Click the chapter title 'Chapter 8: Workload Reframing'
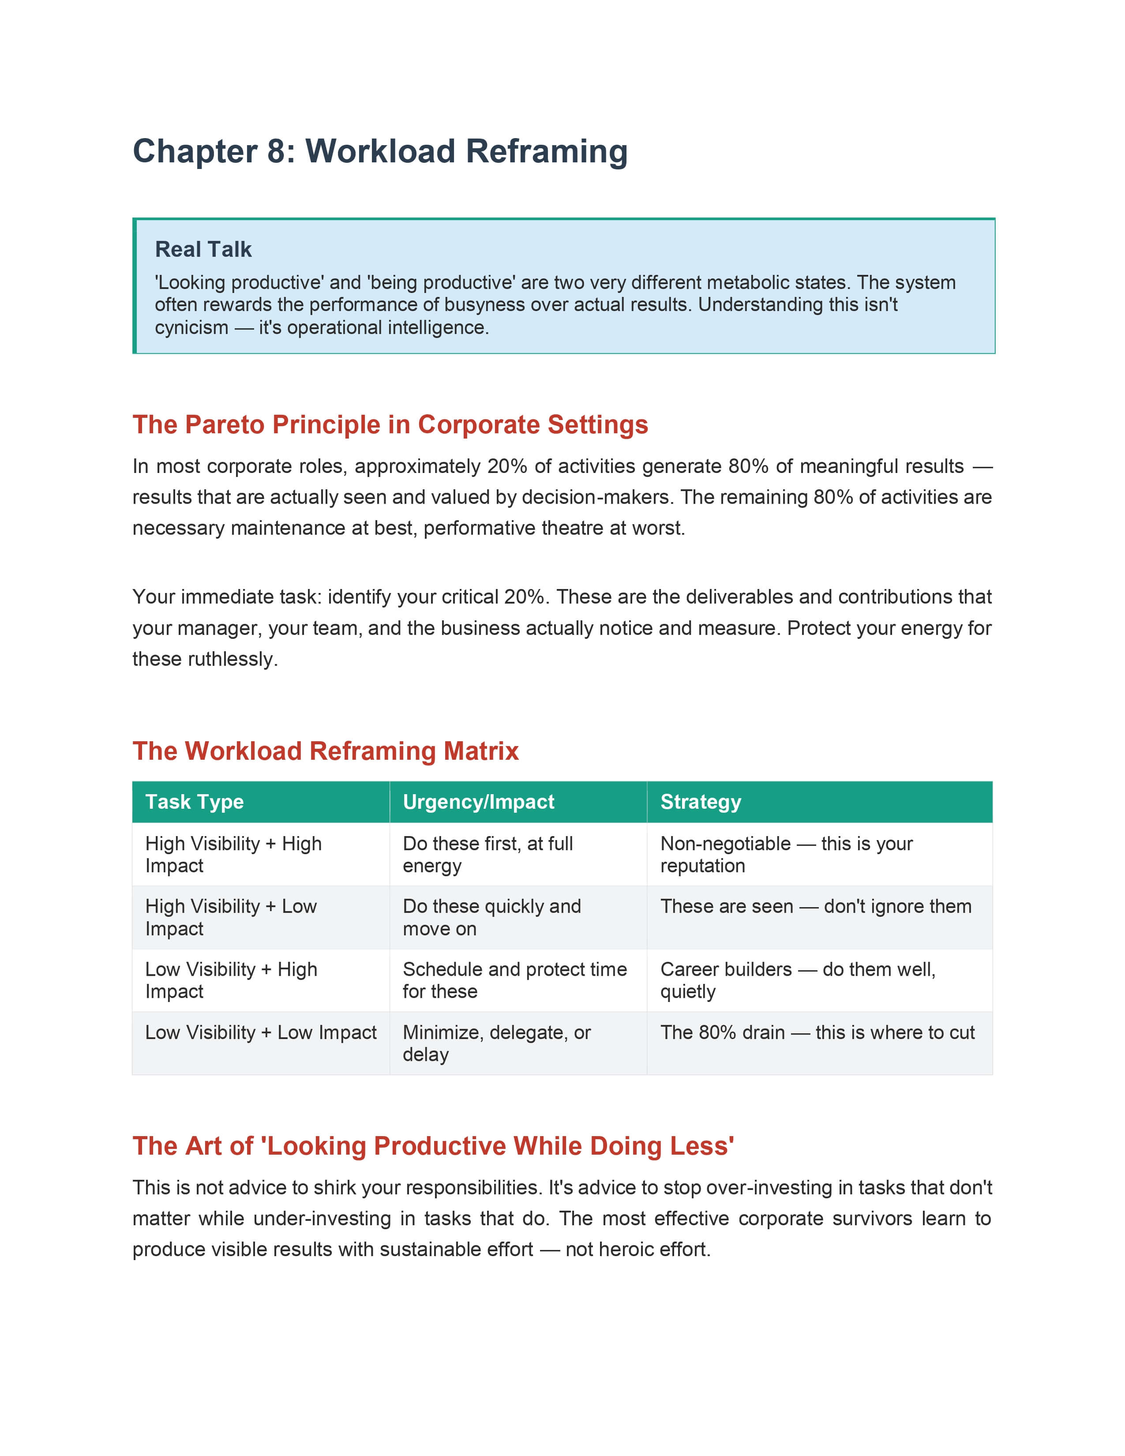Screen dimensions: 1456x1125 click(380, 151)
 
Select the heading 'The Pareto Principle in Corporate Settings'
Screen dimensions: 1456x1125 click(390, 424)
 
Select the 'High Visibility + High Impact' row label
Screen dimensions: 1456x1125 click(233, 855)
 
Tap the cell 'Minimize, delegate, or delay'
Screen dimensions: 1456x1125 click(496, 1043)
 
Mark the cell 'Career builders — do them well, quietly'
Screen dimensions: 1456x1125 click(797, 980)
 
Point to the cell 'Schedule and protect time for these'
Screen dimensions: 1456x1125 click(514, 980)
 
